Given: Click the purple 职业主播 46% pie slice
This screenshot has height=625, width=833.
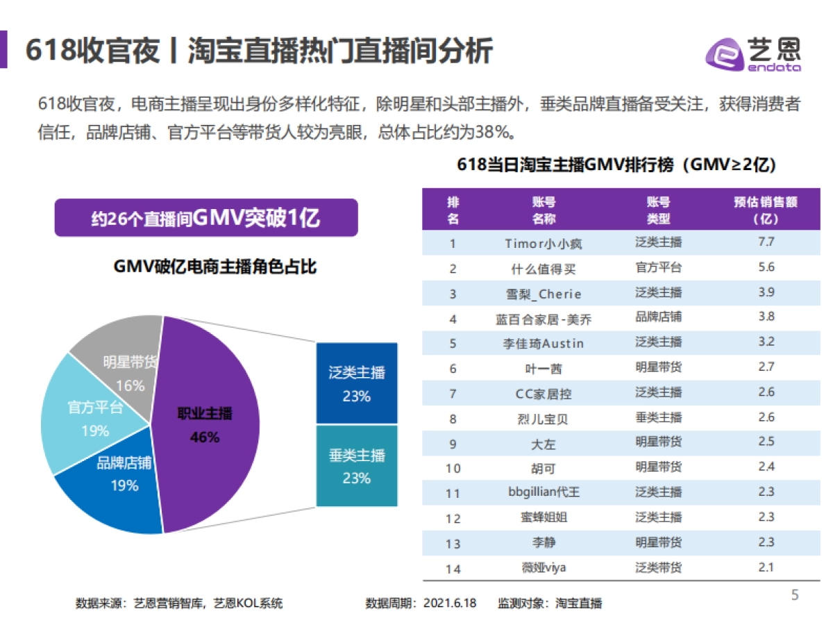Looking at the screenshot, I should pos(208,424).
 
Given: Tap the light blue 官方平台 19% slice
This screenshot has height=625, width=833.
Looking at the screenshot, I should pos(87,417).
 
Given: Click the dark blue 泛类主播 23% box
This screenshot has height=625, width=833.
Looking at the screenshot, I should pos(357,383).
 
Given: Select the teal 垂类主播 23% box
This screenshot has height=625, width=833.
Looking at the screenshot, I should pos(357,466).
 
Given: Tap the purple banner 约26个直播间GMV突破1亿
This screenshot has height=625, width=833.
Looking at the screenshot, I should pos(205,218).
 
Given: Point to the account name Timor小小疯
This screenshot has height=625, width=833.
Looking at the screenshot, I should pos(544,243).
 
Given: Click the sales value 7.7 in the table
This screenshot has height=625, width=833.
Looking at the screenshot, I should pos(766,242).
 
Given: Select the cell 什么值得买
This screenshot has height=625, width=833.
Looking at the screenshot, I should pos(544,268).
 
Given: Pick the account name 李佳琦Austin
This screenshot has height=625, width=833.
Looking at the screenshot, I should pos(544,344).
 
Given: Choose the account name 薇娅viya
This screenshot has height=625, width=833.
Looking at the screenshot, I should pos(544,568).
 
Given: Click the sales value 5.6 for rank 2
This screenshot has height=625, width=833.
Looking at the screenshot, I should pos(766,267).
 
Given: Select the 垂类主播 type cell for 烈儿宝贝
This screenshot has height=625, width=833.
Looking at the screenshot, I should pos(658,418).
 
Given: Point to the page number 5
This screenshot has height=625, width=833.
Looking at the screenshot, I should pos(796,594).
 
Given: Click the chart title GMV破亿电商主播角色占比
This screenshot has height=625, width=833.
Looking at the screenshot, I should pos(214,266).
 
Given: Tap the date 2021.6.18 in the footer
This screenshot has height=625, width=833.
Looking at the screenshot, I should pos(450,603).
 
